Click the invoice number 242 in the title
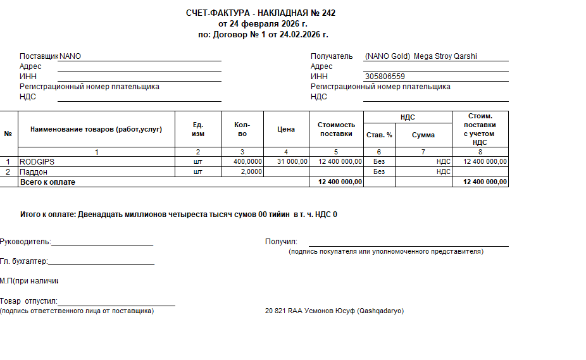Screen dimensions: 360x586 (x=328, y=13)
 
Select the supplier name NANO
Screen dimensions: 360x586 (x=70, y=56)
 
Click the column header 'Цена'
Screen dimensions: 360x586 (x=286, y=129)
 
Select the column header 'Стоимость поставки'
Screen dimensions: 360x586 (x=336, y=129)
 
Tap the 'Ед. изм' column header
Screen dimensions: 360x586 (x=198, y=129)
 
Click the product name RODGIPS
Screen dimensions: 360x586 (x=37, y=162)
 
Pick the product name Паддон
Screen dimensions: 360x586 (x=34, y=171)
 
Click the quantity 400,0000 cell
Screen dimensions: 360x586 (x=247, y=162)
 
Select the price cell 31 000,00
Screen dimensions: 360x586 (x=292, y=162)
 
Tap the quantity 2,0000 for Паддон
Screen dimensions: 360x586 (x=251, y=171)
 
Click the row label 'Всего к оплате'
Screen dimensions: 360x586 (x=47, y=182)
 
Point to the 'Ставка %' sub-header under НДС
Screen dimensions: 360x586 (x=379, y=135)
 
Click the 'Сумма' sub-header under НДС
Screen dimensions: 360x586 (x=423, y=135)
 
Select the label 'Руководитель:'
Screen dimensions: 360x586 (x=25, y=241)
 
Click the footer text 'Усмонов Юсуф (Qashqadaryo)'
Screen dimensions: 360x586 (x=354, y=311)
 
